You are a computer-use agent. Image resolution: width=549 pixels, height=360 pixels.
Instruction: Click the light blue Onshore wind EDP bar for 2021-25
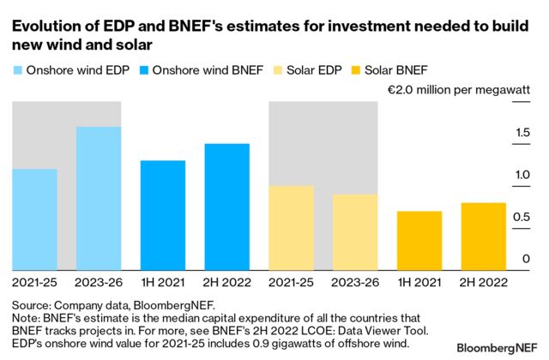pyautogui.click(x=34, y=218)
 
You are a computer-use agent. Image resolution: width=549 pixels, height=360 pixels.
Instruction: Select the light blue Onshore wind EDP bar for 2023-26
pyautogui.click(x=99, y=197)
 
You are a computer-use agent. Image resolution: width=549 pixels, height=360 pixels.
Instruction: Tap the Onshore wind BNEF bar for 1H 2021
pyautogui.click(x=163, y=213)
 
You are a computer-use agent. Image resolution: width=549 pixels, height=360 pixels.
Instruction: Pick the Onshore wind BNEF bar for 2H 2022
pyautogui.click(x=227, y=205)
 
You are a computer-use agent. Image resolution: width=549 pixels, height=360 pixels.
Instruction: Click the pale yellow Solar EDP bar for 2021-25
pyautogui.click(x=292, y=226)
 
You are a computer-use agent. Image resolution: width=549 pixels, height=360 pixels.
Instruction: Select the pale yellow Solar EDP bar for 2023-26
pyautogui.click(x=356, y=231)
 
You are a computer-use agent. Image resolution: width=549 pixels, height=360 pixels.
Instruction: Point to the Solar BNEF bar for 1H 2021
pyautogui.click(x=420, y=239)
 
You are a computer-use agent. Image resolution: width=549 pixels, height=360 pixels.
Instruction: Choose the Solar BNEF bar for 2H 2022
pyautogui.click(x=485, y=235)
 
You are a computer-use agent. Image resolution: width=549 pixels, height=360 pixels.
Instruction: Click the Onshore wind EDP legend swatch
pyautogui.click(x=18, y=69)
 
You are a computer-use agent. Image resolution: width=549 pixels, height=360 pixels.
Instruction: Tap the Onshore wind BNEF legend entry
pyautogui.click(x=192, y=69)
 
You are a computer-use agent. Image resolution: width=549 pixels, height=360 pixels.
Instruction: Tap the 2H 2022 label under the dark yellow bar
pyautogui.click(x=485, y=280)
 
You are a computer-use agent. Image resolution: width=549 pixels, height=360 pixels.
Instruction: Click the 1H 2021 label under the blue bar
pyautogui.click(x=163, y=280)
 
